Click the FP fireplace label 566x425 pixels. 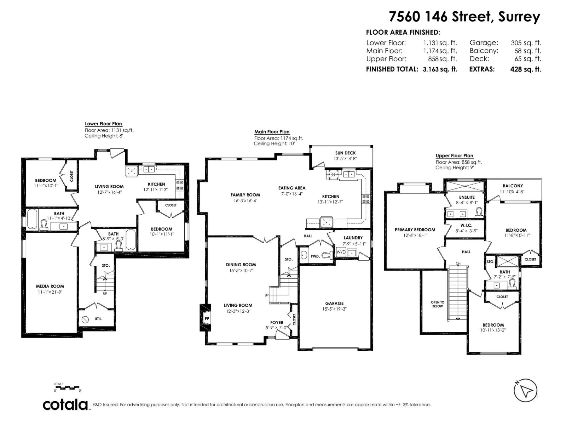click(207, 319)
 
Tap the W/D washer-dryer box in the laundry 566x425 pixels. click(341, 252)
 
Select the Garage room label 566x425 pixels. click(334, 304)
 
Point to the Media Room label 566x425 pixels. click(50, 286)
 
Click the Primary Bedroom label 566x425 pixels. click(415, 229)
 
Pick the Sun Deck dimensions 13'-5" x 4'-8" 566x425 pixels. click(345, 159)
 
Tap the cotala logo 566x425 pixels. click(65, 405)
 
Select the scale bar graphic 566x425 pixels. click(68, 387)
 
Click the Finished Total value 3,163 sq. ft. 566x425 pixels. click(440, 69)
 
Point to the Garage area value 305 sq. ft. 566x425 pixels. click(526, 43)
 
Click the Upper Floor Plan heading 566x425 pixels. click(454, 155)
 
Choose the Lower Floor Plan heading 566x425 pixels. click(103, 124)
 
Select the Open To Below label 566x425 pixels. click(438, 304)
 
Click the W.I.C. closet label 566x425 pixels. click(466, 226)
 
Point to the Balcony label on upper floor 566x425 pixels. click(513, 186)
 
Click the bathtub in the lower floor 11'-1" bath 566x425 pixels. click(32, 219)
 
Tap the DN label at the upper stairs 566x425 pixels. click(458, 264)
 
